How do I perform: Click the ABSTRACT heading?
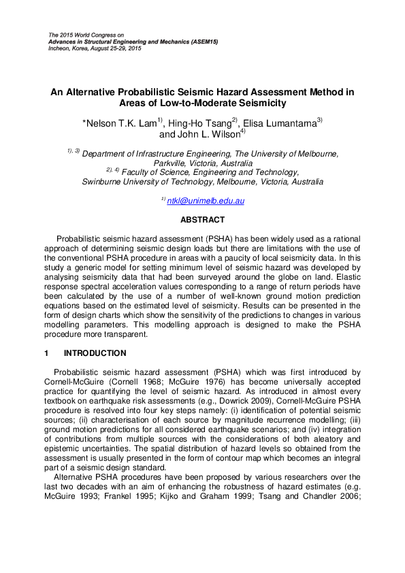click(x=202, y=220)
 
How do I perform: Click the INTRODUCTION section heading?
click(x=95, y=353)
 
